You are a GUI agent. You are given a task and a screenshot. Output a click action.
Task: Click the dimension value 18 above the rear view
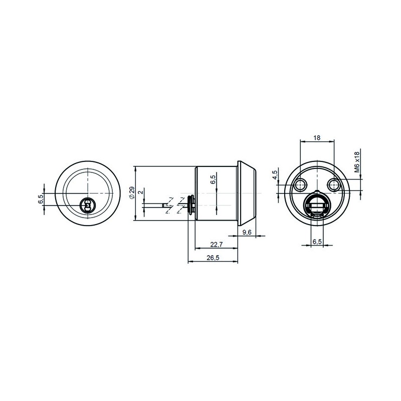pyautogui.click(x=317, y=138)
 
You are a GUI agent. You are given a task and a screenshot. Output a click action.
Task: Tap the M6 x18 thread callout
pyautogui.click(x=357, y=162)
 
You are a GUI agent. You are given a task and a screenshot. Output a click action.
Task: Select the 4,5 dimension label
pyautogui.click(x=275, y=175)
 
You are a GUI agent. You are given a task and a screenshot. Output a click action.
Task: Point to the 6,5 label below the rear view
pyautogui.click(x=317, y=242)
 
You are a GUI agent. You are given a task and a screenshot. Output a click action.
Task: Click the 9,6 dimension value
pyautogui.click(x=247, y=232)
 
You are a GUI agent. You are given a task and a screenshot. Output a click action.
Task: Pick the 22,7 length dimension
pyautogui.click(x=217, y=245)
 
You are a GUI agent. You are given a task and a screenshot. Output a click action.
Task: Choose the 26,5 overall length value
pyautogui.click(x=213, y=258)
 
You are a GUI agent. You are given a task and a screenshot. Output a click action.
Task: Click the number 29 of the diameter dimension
pyautogui.click(x=132, y=191)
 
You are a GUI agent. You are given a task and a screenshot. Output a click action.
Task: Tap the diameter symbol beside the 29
pyautogui.click(x=132, y=197)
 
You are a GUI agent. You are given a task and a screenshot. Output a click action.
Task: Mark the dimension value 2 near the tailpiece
pyautogui.click(x=140, y=191)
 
